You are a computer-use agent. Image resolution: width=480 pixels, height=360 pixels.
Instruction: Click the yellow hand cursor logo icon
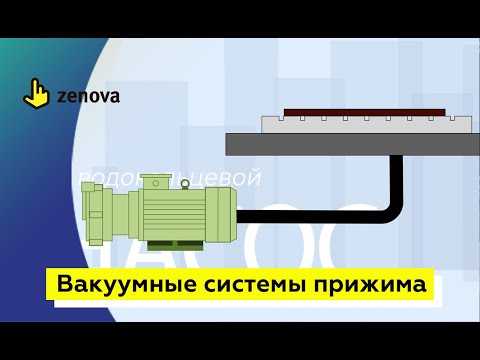[x=37, y=94]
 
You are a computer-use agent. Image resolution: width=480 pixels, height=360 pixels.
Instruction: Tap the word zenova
[x=86, y=97]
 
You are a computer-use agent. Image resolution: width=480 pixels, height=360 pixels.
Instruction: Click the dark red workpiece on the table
[x=364, y=112]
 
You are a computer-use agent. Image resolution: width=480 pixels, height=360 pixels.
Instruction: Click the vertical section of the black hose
[x=398, y=175]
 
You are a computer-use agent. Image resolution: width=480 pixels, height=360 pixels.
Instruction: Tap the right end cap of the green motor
[x=222, y=212]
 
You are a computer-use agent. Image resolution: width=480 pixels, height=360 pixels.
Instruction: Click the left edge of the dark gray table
[x=229, y=144]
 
